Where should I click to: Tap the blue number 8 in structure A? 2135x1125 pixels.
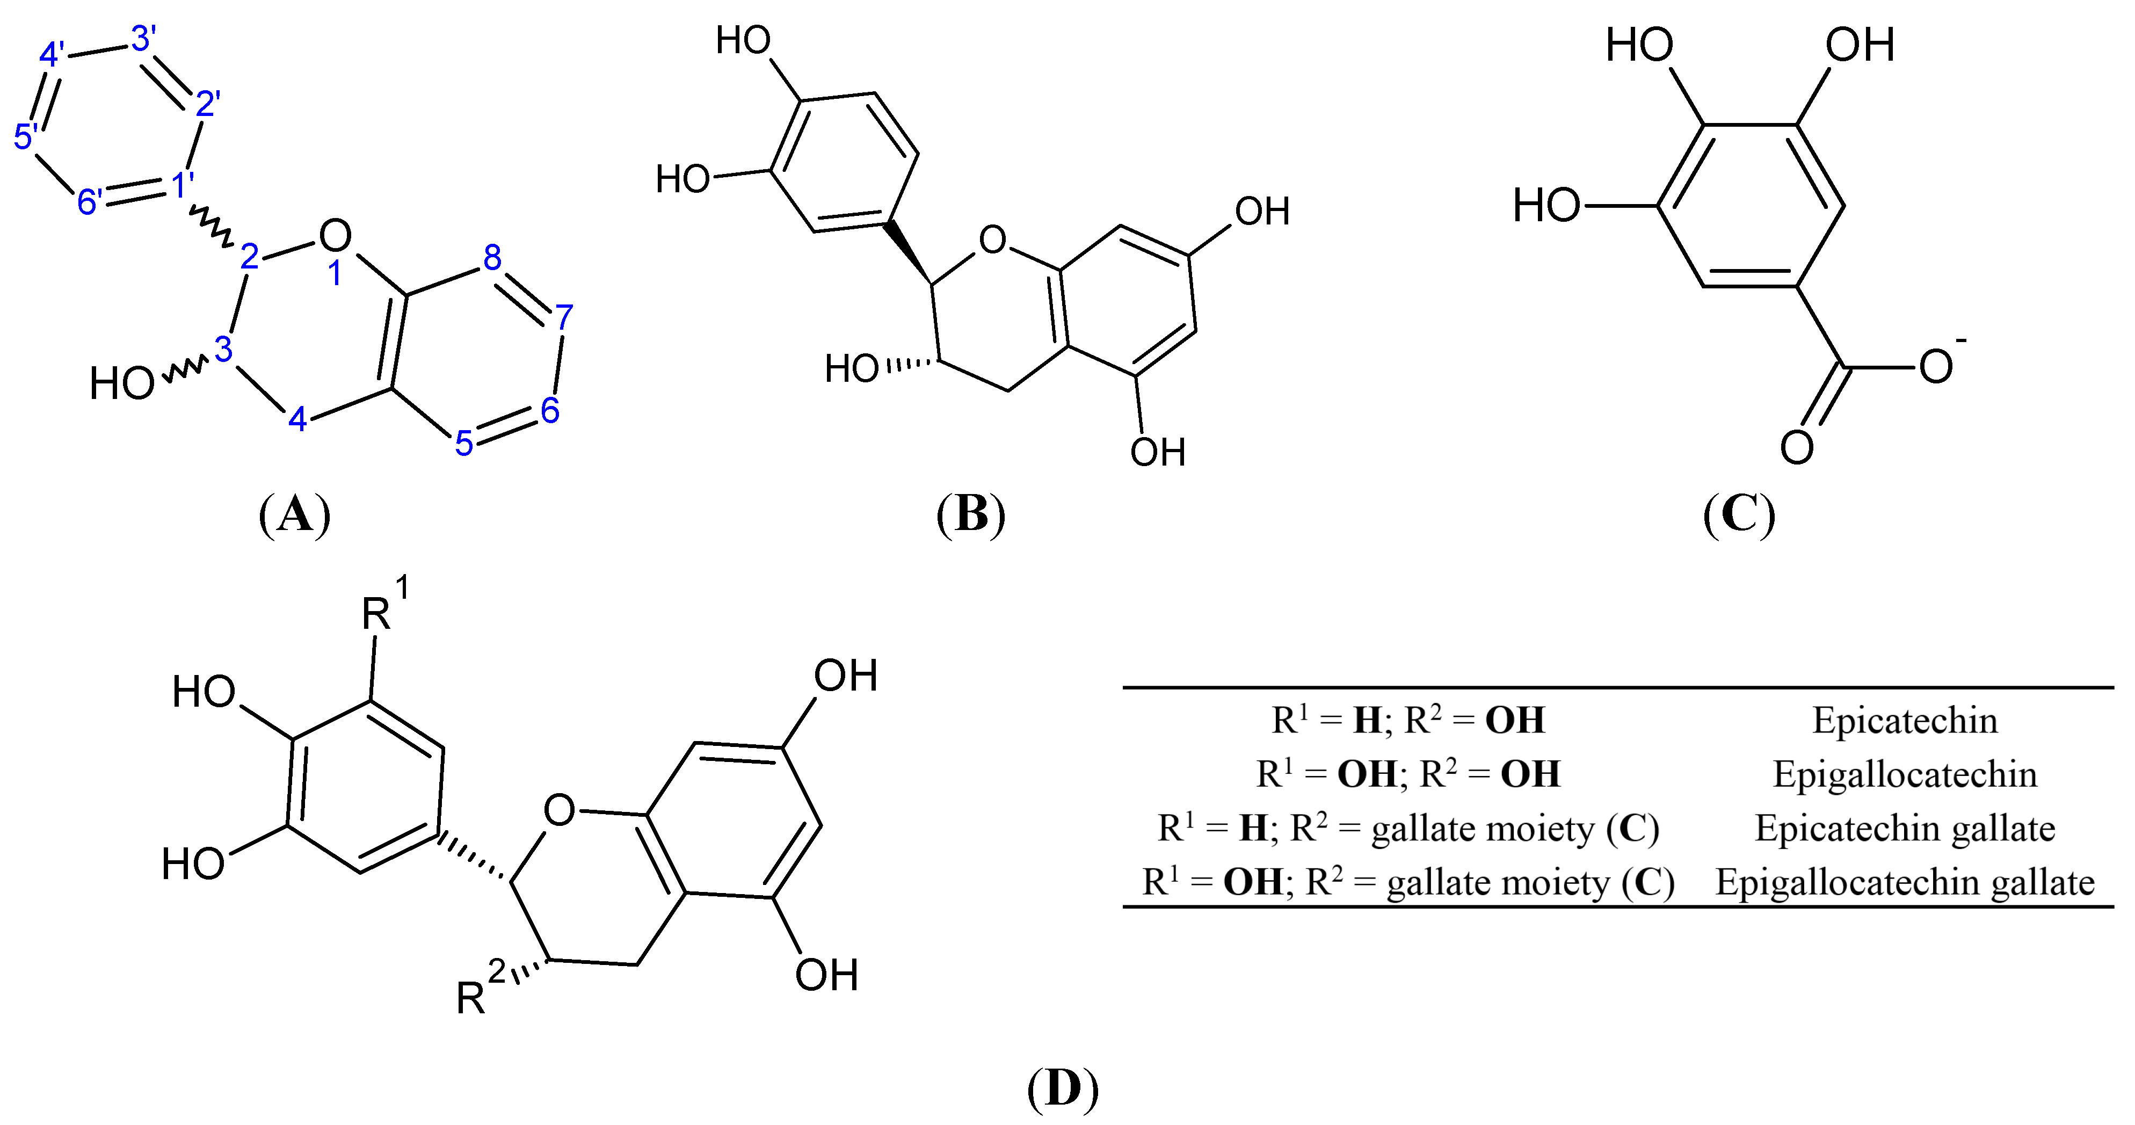click(x=492, y=258)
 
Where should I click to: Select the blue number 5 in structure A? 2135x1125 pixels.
click(x=464, y=444)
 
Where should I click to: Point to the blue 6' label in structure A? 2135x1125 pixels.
click(x=90, y=201)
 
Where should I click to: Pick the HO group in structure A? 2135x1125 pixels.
click(x=122, y=384)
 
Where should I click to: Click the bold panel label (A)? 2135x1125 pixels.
click(x=294, y=515)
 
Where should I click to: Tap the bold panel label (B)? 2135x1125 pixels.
click(x=970, y=515)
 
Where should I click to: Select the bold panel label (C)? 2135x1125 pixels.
click(x=1739, y=515)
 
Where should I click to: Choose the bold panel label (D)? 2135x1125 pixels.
click(x=1063, y=1088)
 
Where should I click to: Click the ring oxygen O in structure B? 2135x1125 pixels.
click(x=992, y=241)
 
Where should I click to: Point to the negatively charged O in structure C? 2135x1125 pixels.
click(x=1935, y=366)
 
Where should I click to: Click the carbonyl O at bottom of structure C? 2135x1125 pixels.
click(x=1797, y=448)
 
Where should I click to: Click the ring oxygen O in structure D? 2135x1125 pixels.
click(x=560, y=810)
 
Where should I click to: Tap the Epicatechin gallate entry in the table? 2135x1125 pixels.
click(x=1905, y=828)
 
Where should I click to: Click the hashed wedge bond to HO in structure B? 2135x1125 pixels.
click(x=909, y=365)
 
